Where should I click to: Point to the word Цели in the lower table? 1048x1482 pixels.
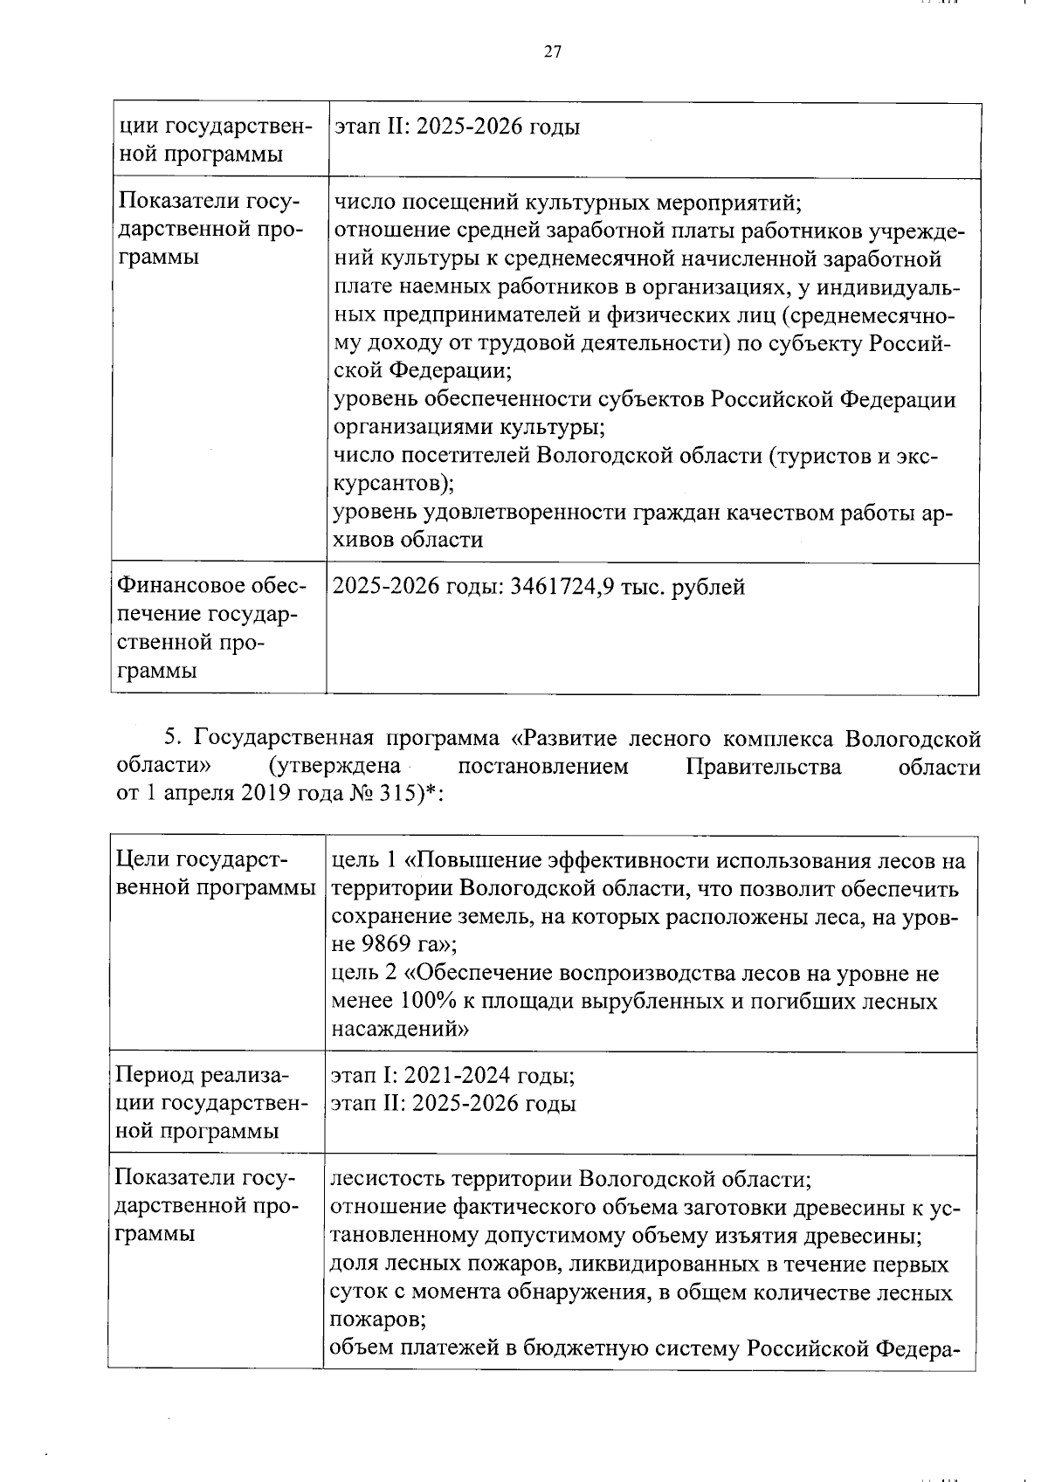point(141,861)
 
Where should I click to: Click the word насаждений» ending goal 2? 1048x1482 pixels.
point(400,1030)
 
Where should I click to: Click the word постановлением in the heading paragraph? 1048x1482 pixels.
point(542,768)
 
